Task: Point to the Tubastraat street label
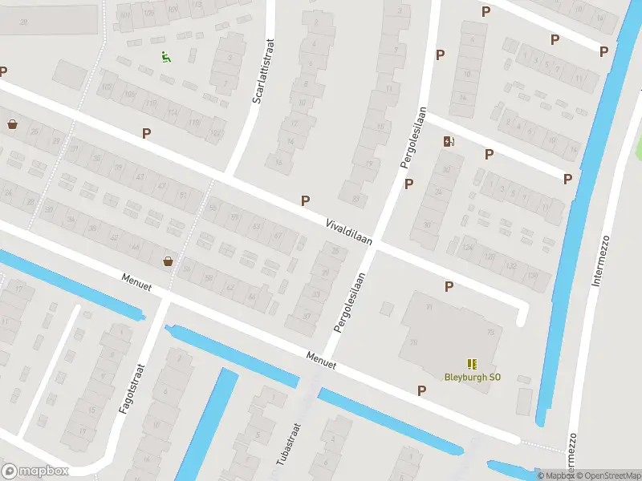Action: [286, 443]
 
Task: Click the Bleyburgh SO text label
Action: [473, 377]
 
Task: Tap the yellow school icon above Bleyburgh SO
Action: [471, 363]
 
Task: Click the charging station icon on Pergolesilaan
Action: [449, 142]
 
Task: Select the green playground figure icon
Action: [165, 57]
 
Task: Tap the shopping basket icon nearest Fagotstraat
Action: [169, 261]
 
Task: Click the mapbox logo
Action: [35, 471]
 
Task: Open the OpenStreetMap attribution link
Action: [608, 475]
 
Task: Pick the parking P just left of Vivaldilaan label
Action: [305, 200]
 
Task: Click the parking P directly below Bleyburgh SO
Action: [422, 390]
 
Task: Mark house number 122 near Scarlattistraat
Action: [215, 132]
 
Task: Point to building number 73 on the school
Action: [490, 332]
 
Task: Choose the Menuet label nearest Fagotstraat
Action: [136, 281]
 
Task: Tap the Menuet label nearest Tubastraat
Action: [319, 359]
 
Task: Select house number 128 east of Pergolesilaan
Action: [489, 257]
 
